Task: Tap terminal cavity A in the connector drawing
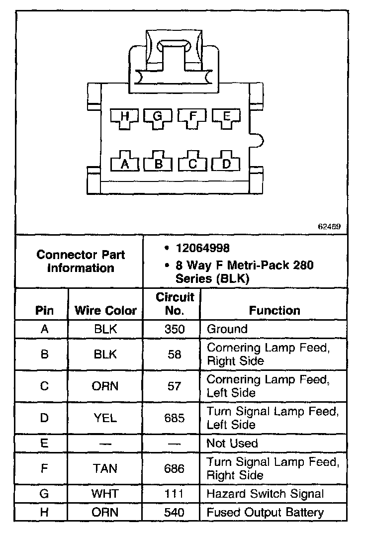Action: (x=125, y=163)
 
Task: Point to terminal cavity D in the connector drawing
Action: (x=226, y=163)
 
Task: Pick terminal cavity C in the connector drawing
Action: (x=193, y=163)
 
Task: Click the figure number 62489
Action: (x=329, y=227)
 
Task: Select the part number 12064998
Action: (x=202, y=248)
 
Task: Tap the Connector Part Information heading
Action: (x=81, y=261)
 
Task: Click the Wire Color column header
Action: (x=105, y=311)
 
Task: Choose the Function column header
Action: (x=274, y=311)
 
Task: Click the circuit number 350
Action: (x=174, y=329)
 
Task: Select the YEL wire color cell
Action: (x=105, y=418)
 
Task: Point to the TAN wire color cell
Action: (x=105, y=468)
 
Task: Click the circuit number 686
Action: (x=174, y=468)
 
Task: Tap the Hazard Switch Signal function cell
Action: (x=265, y=494)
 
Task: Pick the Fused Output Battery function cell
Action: (x=265, y=512)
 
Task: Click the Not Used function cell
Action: (x=232, y=443)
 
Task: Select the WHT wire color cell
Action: (x=105, y=494)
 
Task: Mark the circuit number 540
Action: (x=174, y=512)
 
